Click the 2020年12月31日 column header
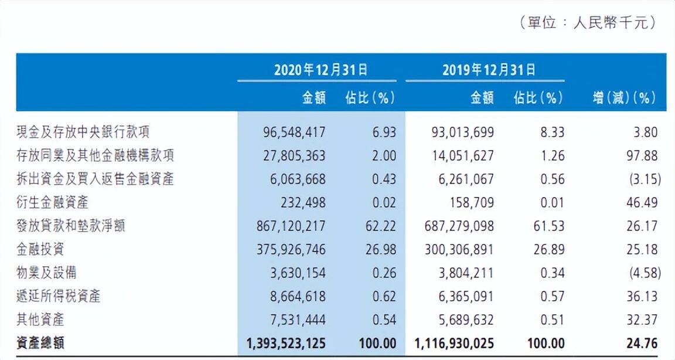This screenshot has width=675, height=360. (321, 70)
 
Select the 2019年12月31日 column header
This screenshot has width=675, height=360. (488, 70)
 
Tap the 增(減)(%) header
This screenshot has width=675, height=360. (623, 98)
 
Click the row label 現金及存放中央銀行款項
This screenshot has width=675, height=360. (79, 132)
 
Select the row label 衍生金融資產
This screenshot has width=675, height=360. (53, 202)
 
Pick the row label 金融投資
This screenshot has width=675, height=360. (40, 249)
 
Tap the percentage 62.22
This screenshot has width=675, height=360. (380, 226)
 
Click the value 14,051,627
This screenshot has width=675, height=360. (459, 155)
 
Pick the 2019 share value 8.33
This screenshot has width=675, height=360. (550, 132)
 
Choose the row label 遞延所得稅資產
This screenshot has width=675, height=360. (59, 296)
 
